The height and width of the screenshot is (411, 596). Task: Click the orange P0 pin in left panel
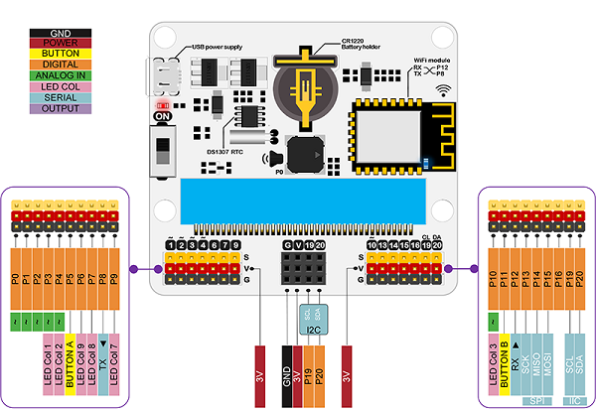pos(15,281)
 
